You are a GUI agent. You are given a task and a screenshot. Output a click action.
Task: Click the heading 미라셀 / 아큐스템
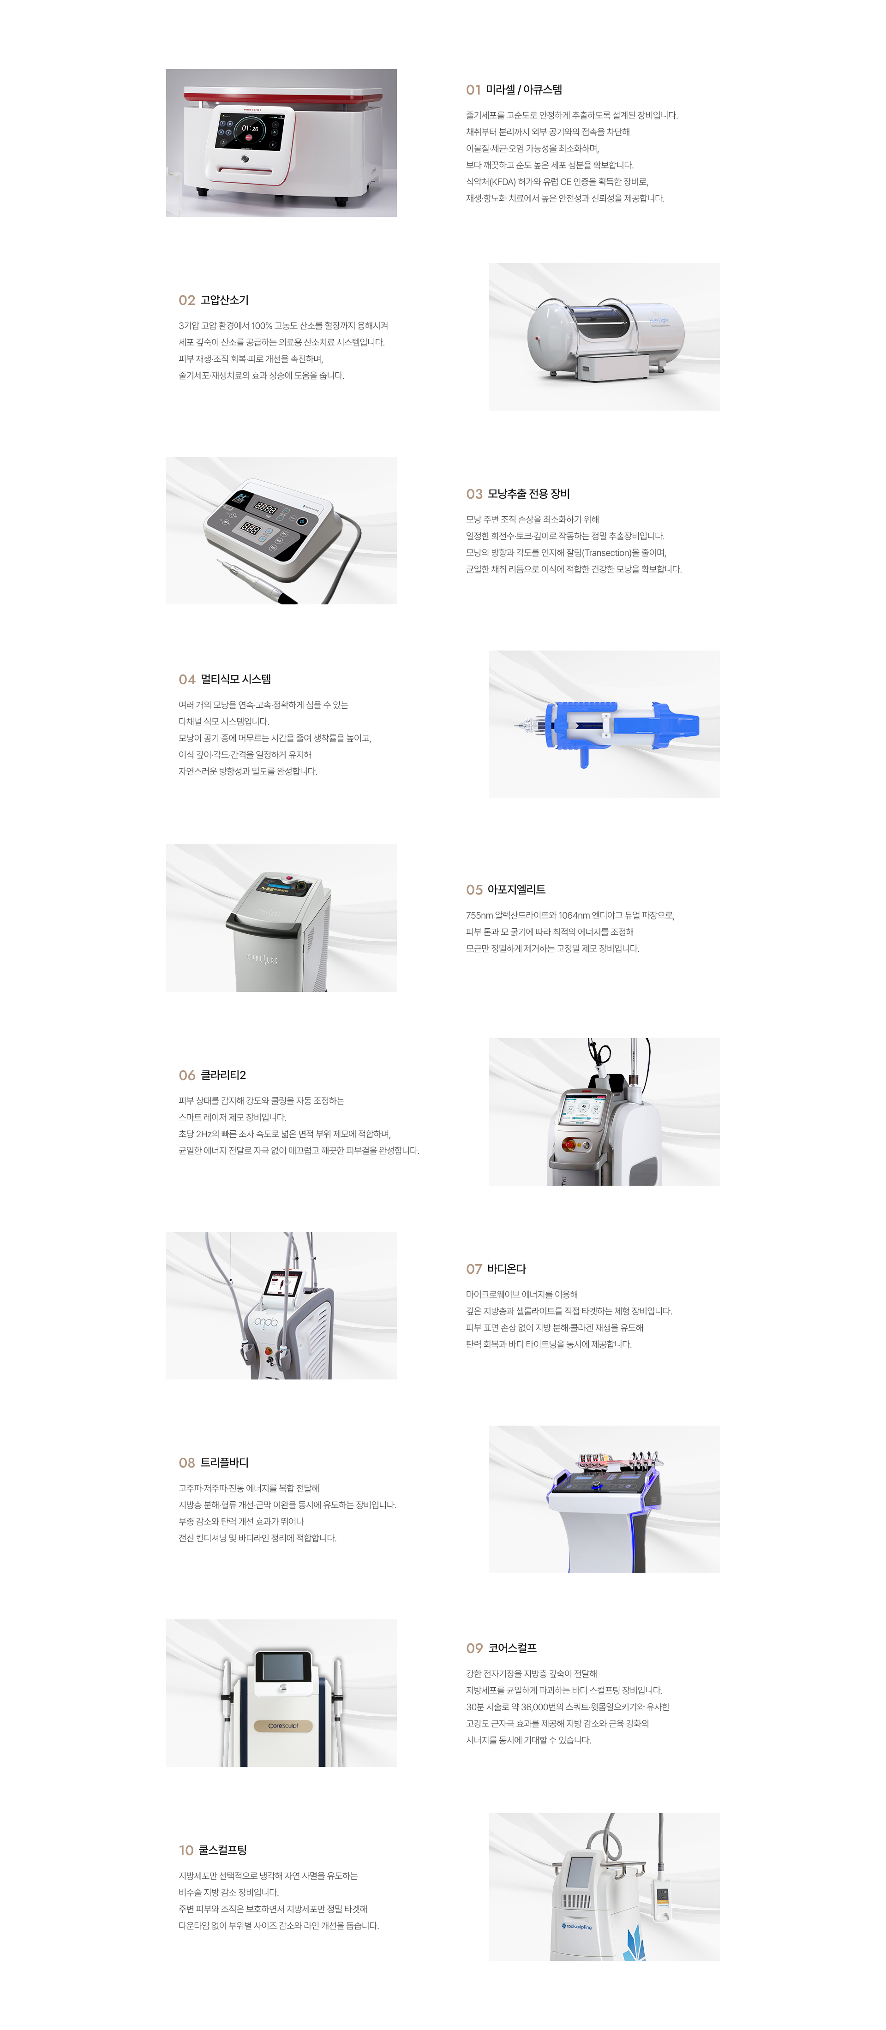tap(523, 90)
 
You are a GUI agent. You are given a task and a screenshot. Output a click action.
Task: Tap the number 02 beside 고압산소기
tap(187, 300)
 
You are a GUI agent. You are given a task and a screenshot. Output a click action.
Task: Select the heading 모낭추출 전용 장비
tap(528, 494)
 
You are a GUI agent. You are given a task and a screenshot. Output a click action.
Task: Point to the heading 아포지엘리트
tap(516, 890)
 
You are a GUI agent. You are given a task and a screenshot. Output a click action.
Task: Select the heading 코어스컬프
tap(512, 1648)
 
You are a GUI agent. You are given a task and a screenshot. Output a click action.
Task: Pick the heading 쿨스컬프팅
tap(222, 1851)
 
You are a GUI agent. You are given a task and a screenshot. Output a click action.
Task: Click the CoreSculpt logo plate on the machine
tap(283, 1726)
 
